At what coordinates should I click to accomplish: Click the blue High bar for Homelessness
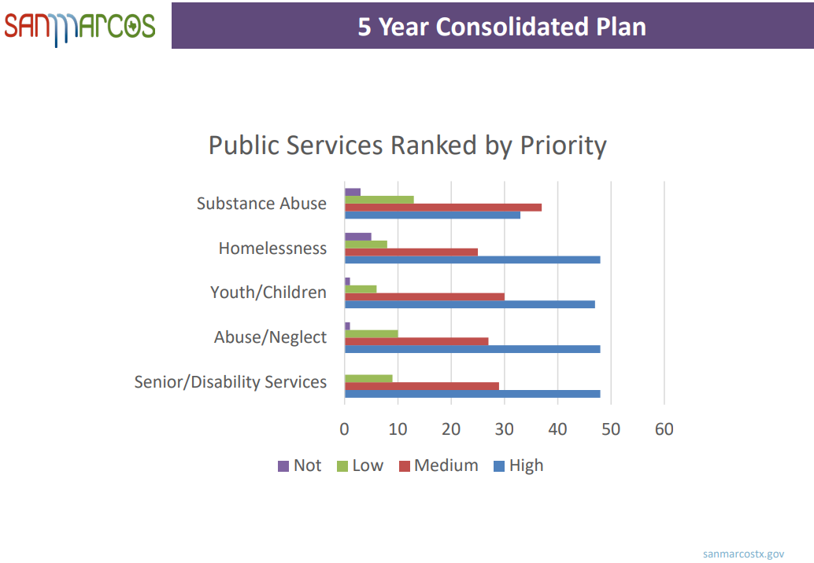[472, 259]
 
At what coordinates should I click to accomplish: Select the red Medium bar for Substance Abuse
[443, 207]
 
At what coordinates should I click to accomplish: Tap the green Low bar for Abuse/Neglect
[372, 333]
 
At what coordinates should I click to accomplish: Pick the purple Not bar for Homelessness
[358, 236]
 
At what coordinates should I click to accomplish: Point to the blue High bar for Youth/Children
[470, 304]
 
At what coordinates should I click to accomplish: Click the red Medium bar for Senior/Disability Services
[422, 386]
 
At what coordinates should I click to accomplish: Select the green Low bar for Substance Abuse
[379, 200]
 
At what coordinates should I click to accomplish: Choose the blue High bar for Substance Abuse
[432, 215]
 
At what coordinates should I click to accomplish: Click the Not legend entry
[299, 465]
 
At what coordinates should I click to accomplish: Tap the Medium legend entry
[438, 465]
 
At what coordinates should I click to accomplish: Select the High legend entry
[518, 465]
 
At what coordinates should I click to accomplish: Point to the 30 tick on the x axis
[505, 429]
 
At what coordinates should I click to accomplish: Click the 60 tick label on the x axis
[664, 429]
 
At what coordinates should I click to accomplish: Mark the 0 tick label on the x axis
[345, 429]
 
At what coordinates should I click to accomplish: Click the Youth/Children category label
[268, 293]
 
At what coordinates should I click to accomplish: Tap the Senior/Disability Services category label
[230, 382]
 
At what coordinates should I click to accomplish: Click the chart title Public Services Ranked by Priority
[407, 145]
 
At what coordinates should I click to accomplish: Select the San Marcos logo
[80, 27]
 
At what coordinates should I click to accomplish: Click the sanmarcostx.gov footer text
[743, 554]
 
